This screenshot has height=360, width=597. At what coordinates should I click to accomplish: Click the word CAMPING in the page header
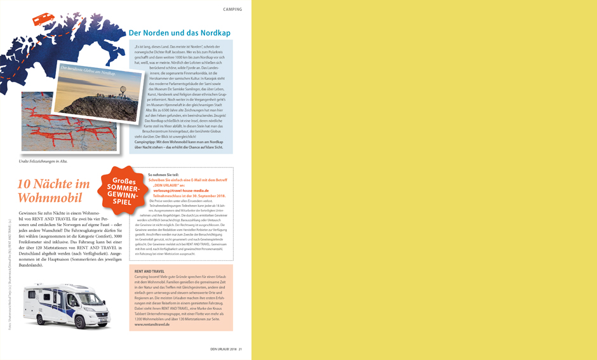pyautogui.click(x=232, y=10)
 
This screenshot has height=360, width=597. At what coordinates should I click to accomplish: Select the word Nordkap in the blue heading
pyautogui.click(x=216, y=32)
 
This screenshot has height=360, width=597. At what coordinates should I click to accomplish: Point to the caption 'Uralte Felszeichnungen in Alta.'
pyautogui.click(x=43, y=161)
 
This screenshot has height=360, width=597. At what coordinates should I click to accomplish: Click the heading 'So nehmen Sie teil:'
pyautogui.click(x=164, y=174)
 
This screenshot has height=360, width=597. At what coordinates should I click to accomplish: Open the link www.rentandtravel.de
pyautogui.click(x=152, y=324)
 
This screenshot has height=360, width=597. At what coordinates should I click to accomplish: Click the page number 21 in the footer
pyautogui.click(x=241, y=349)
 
